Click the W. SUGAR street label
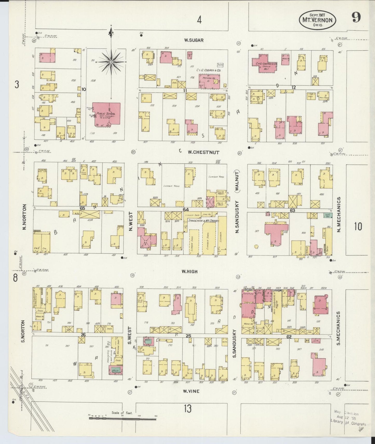click(x=194, y=40)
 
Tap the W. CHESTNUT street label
click(x=203, y=152)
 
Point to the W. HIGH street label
click(x=189, y=272)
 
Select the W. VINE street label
click(x=191, y=391)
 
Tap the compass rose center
click(x=111, y=62)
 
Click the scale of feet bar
click(x=122, y=419)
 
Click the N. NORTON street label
click(x=24, y=217)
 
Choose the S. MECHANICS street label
click(x=338, y=328)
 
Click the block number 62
click(x=289, y=337)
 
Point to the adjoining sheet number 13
click(x=188, y=408)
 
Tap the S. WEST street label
click(x=130, y=335)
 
